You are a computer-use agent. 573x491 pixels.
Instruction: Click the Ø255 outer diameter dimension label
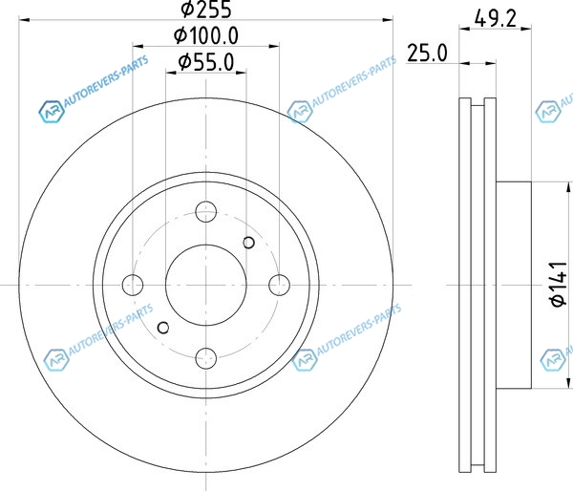click(206, 9)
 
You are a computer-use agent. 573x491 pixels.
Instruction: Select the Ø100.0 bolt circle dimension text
click(206, 35)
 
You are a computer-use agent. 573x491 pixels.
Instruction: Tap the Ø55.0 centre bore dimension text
click(206, 62)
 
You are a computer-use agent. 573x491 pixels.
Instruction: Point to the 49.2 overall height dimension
click(495, 18)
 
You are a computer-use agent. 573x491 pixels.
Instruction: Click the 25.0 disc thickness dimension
click(427, 53)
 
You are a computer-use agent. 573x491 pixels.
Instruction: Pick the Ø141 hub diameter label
click(559, 285)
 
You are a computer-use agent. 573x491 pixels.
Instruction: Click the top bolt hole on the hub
click(206, 212)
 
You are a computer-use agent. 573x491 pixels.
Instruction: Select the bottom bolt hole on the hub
click(206, 358)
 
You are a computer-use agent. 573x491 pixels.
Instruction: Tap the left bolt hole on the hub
click(133, 285)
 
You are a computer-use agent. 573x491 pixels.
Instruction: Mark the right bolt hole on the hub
click(279, 285)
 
